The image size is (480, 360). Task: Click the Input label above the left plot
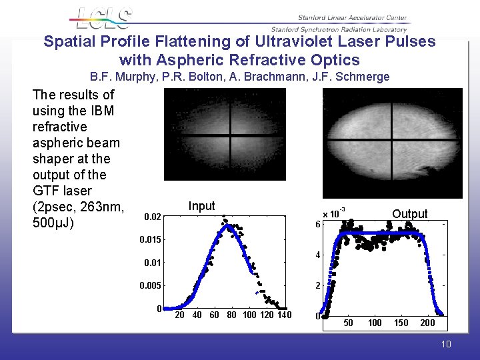tap(201, 206)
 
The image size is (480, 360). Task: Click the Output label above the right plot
tap(409, 214)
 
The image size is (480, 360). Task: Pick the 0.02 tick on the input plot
tap(153, 217)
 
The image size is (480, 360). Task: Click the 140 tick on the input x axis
tap(284, 315)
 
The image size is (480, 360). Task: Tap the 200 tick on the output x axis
tap(427, 323)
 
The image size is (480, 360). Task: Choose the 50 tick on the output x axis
tap(349, 323)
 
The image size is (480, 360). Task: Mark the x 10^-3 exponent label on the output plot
tap(333, 213)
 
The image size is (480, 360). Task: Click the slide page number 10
tap(445, 344)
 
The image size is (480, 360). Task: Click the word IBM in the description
tap(102, 111)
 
